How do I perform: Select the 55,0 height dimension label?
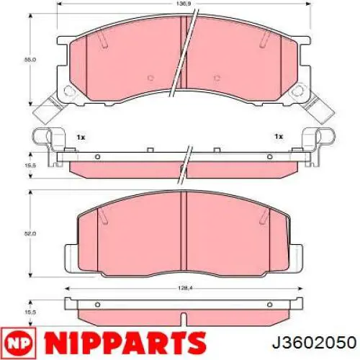(x=30, y=60)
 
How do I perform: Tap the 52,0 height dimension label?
(x=30, y=233)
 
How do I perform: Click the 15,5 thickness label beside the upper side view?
(x=30, y=166)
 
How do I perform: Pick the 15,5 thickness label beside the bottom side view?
(x=30, y=312)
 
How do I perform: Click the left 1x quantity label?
(x=81, y=138)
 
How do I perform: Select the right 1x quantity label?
(x=279, y=137)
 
